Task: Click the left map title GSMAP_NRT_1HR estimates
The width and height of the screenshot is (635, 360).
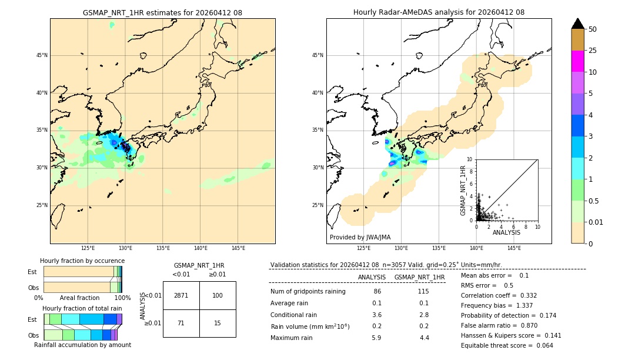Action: coord(162,12)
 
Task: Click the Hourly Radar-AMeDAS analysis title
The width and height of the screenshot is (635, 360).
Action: coord(439,12)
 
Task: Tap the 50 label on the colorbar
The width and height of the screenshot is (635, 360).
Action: coord(593,29)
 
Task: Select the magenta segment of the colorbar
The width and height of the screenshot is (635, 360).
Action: coord(577,61)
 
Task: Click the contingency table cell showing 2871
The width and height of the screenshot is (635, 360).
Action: coord(181,295)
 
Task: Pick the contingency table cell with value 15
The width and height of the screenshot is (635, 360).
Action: coord(218,323)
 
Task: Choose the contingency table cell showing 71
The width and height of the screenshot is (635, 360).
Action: coord(181,323)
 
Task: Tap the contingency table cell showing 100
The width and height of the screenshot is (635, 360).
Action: coord(218,295)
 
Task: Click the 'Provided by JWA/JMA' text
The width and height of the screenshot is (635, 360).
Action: coord(360,238)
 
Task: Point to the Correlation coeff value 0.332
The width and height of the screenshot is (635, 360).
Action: coord(525,295)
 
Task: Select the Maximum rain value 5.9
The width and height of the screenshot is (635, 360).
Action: coord(376,338)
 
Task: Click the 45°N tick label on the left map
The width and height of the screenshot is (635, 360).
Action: coord(42,55)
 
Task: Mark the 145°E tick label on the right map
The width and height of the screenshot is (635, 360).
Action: coord(514,248)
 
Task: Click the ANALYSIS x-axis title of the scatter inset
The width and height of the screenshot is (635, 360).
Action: coord(506,232)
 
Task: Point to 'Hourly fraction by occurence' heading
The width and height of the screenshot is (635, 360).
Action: coord(82,261)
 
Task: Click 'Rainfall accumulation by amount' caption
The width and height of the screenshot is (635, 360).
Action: coord(82,345)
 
